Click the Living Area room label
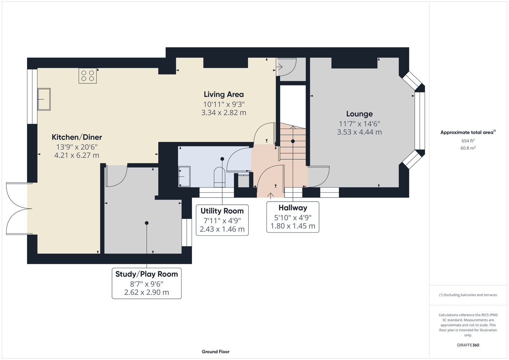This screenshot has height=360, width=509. (x=224, y=94)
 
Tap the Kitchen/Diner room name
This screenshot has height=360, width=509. (x=77, y=137)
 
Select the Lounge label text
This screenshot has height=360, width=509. (x=359, y=114)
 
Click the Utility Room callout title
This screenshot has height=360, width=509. (x=222, y=211)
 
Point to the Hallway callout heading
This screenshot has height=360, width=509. (x=293, y=208)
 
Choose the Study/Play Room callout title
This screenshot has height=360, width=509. (x=147, y=274)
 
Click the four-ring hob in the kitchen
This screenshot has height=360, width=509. (x=88, y=76)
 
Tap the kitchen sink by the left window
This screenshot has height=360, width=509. (x=44, y=99)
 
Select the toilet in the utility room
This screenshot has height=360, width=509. (x=219, y=177)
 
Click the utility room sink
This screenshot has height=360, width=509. (x=184, y=176)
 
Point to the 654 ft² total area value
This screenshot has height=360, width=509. (x=468, y=141)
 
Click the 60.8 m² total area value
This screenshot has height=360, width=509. (x=468, y=148)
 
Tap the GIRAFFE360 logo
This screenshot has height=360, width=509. (x=468, y=345)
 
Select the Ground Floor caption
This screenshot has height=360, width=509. (x=215, y=352)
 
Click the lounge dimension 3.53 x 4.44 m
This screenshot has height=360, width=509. (x=359, y=132)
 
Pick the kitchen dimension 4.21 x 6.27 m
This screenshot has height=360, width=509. (x=77, y=156)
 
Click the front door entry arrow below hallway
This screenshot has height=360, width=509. (x=271, y=196)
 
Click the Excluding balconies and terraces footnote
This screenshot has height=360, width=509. (x=468, y=295)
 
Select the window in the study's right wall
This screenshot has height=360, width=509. (x=187, y=232)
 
